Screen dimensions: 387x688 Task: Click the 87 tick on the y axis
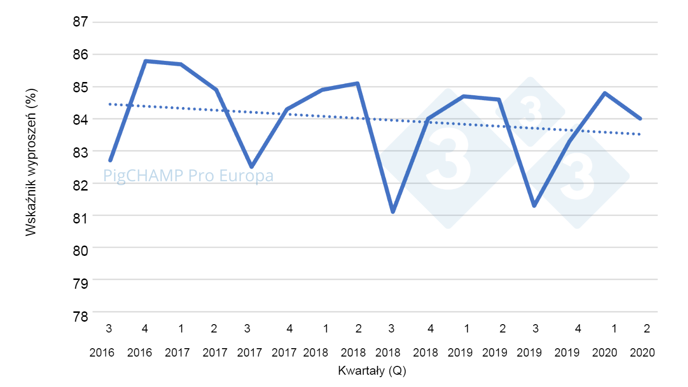(81, 22)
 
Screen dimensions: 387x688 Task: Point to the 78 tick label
(81, 315)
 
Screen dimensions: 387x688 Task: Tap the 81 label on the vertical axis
(81, 217)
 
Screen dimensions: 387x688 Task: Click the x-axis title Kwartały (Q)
(372, 371)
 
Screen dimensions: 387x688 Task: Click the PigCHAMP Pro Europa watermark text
(188, 175)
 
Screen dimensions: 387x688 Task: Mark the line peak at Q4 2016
(145, 61)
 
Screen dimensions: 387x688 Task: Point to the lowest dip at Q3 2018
(393, 212)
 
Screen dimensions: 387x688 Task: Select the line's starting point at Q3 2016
(110, 160)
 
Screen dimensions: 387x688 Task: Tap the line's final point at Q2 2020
(640, 118)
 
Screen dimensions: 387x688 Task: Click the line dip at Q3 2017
(252, 167)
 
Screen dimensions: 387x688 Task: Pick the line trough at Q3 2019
(534, 205)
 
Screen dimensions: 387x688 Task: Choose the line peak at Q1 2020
(604, 93)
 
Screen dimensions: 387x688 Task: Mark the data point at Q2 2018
(358, 83)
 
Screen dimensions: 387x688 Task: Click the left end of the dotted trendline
(110, 104)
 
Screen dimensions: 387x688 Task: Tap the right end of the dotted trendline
(640, 134)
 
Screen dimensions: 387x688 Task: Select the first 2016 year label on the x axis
(102, 352)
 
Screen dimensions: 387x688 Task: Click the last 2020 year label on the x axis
(642, 352)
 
